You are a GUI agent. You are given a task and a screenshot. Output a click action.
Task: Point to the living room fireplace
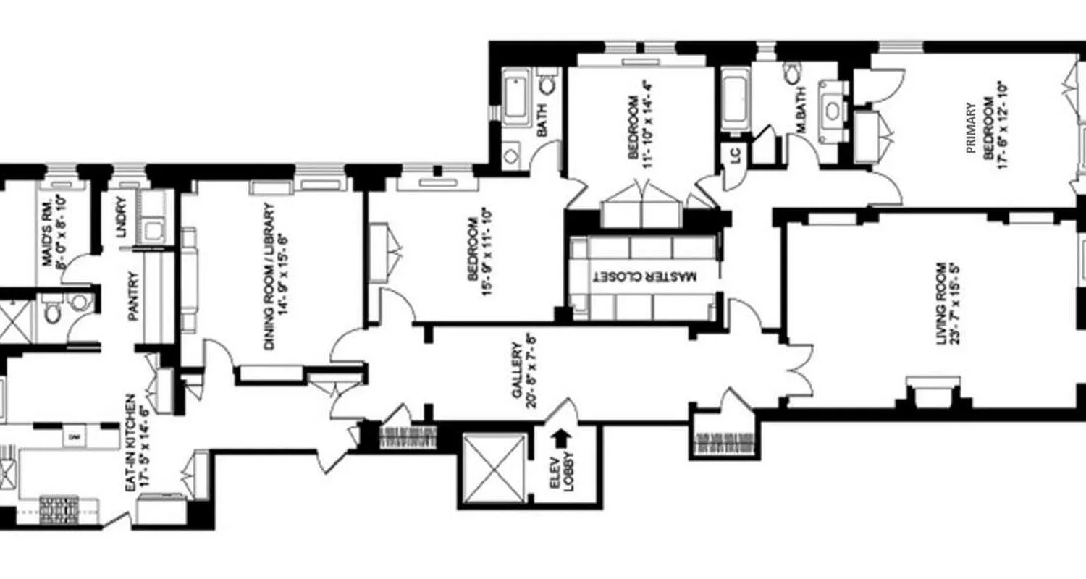(929, 391)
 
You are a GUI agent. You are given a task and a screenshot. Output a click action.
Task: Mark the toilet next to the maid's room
(52, 313)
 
